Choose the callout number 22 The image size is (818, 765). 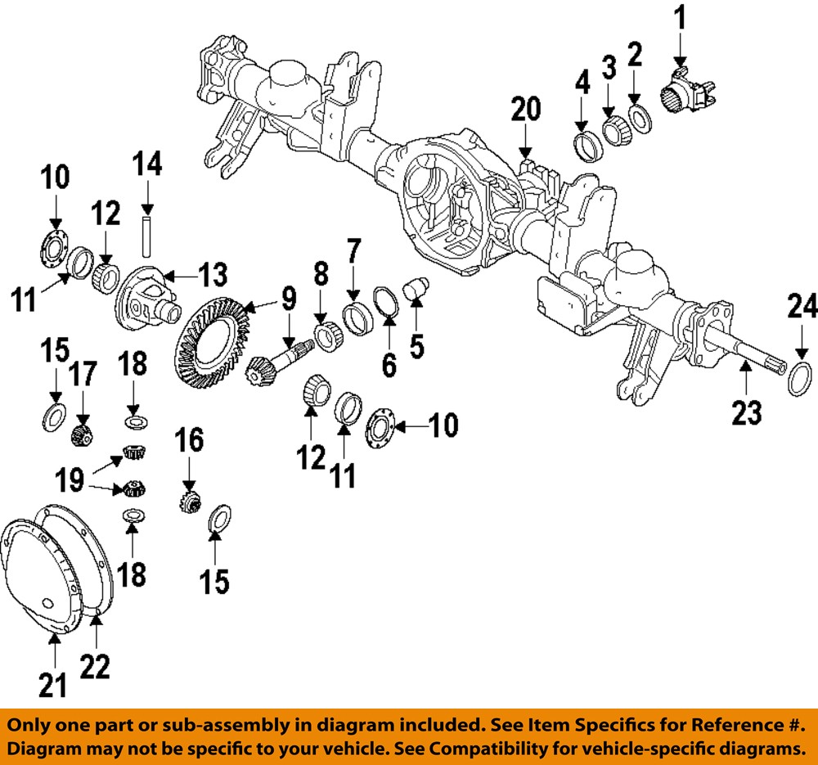point(95,671)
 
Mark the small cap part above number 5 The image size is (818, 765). point(418,289)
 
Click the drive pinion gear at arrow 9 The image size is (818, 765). point(270,368)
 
